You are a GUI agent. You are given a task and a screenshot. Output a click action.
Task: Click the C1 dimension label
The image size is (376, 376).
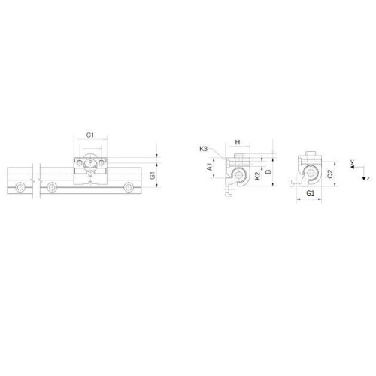tap(90, 135)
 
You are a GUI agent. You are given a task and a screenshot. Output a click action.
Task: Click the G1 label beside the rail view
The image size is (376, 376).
tap(153, 175)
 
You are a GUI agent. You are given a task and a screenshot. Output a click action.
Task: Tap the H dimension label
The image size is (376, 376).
tap(238, 142)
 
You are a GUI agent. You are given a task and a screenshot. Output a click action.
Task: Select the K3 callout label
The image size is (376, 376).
tap(204, 149)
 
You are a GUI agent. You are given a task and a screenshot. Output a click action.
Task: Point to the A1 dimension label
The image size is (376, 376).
tap(210, 167)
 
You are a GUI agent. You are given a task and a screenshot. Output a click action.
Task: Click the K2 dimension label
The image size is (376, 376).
tap(257, 176)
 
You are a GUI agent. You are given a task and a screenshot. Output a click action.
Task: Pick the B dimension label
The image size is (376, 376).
tap(268, 172)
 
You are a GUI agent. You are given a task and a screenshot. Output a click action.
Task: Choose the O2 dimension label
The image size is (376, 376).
tap(330, 174)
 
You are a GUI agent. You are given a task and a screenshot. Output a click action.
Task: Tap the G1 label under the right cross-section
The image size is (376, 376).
tap(311, 193)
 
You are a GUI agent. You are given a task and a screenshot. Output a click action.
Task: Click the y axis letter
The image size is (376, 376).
tap(352, 162)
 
